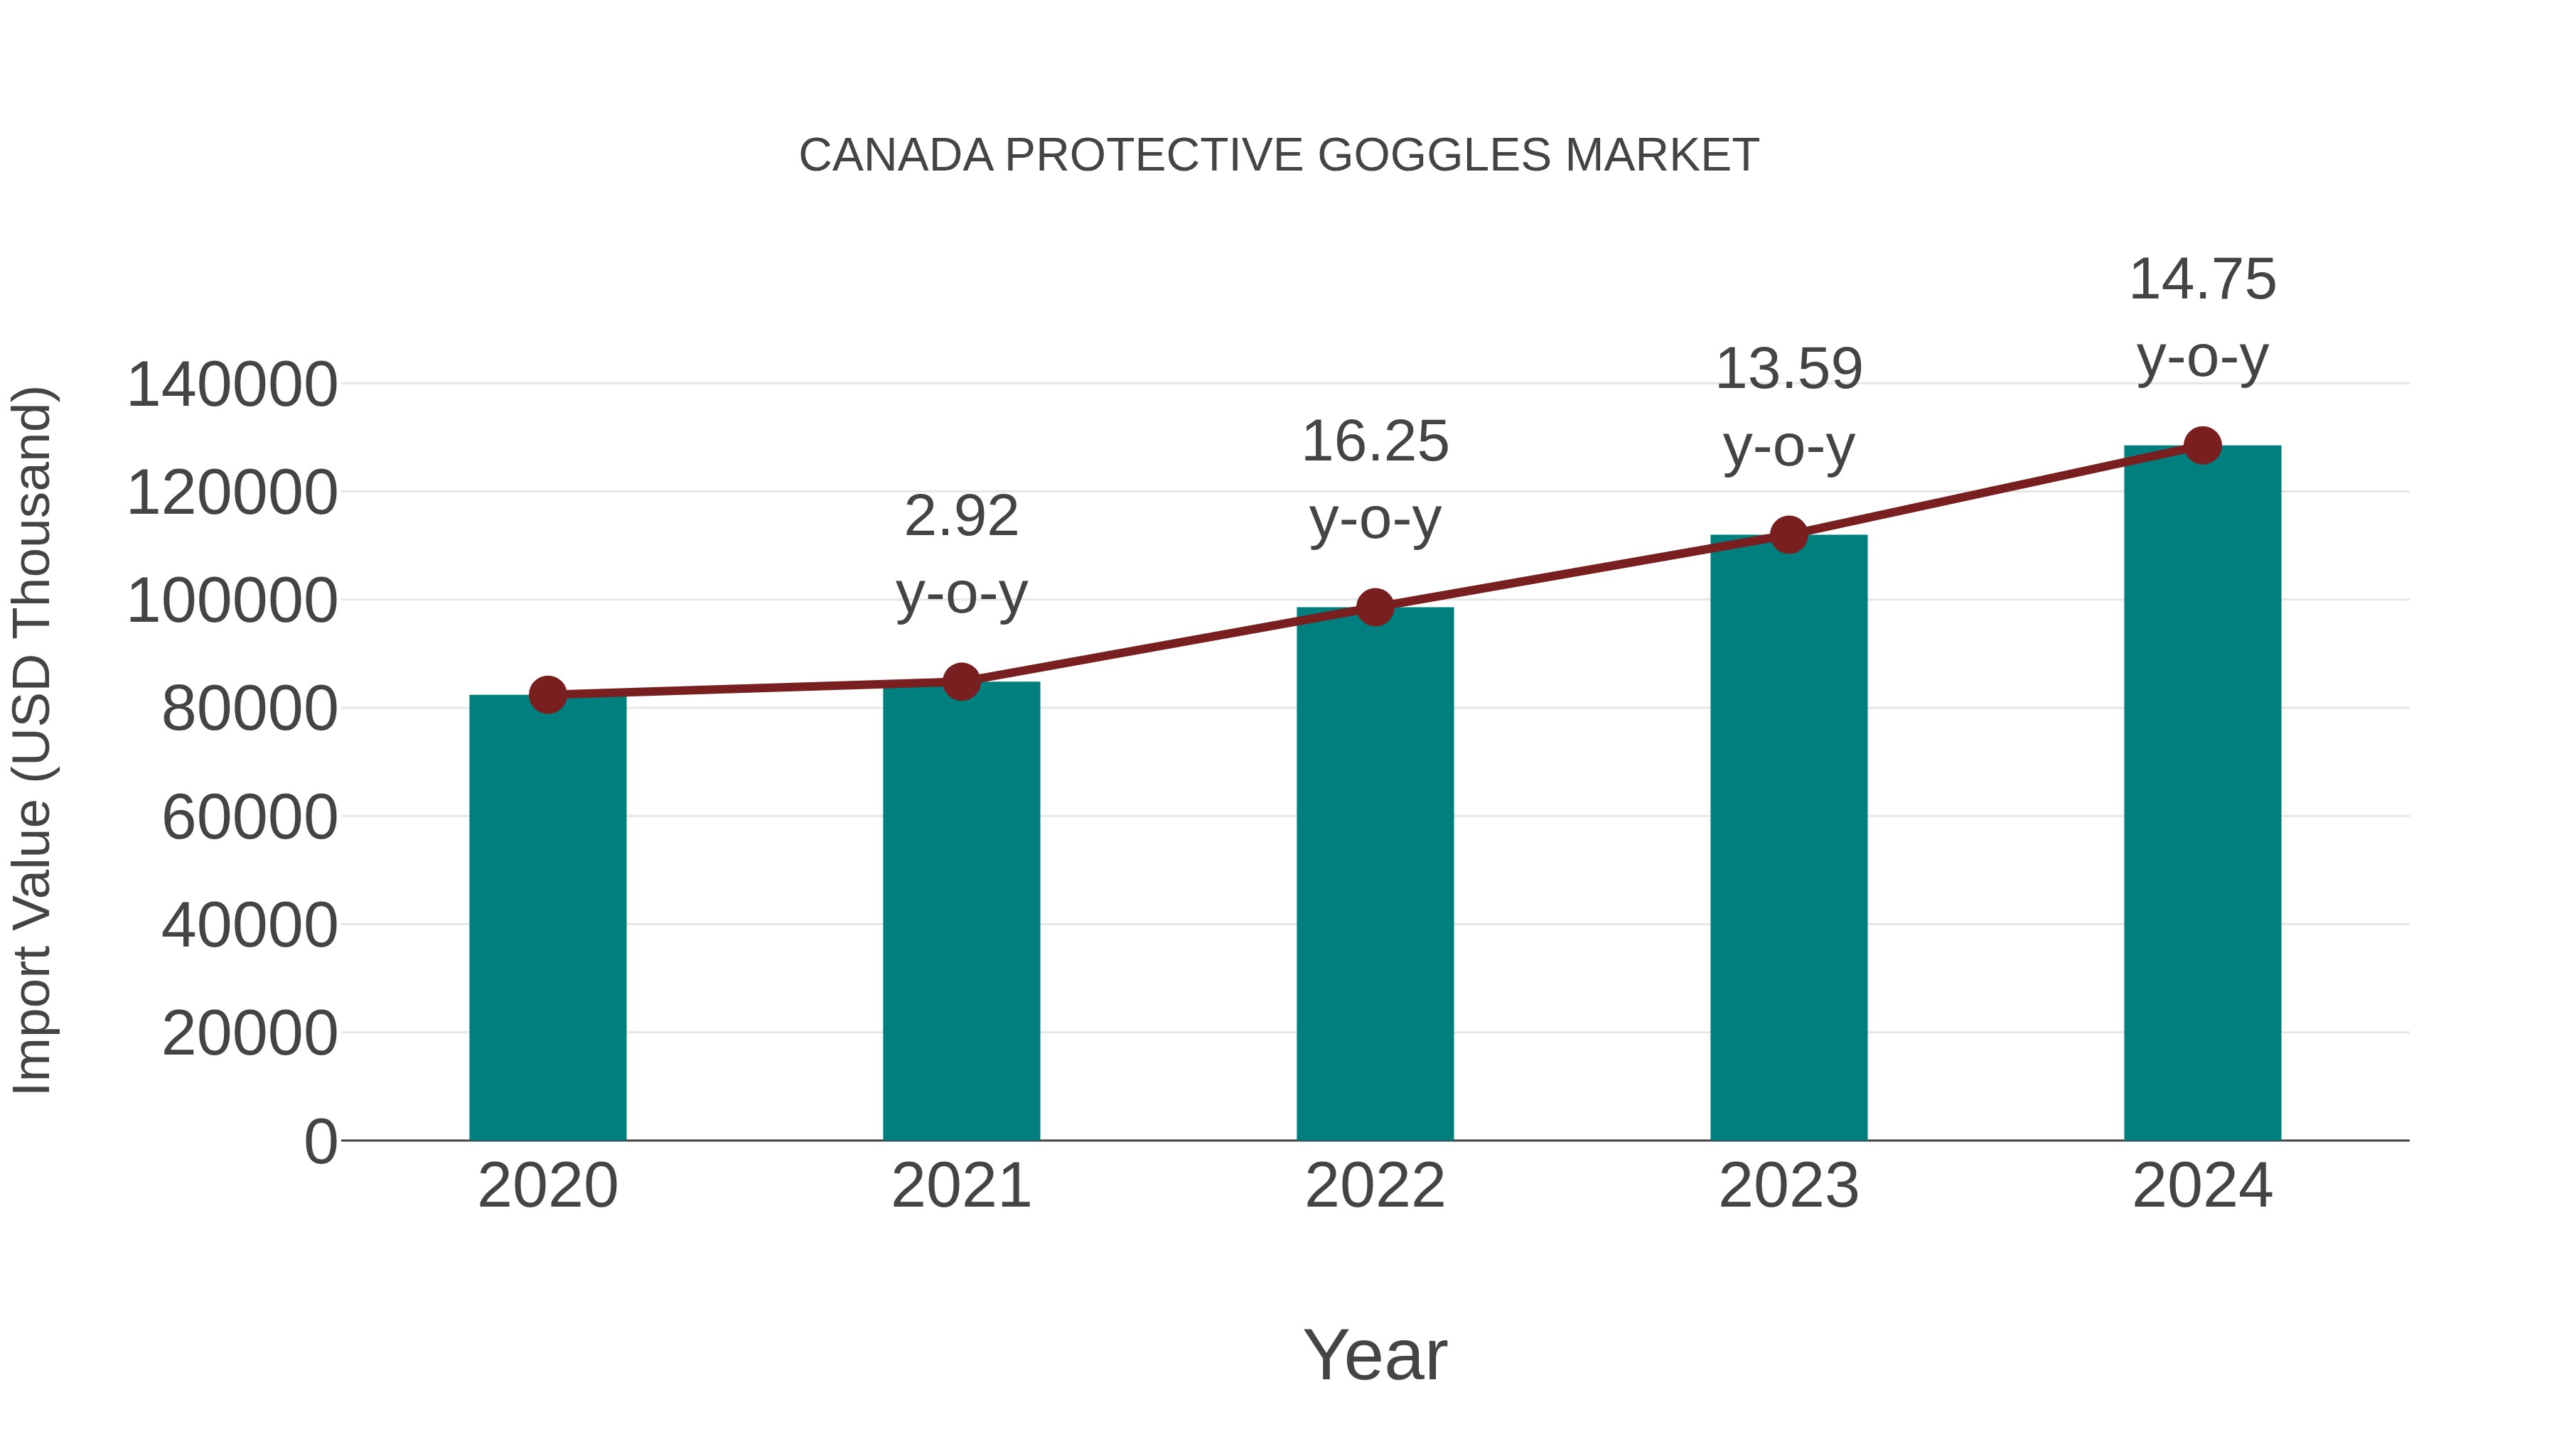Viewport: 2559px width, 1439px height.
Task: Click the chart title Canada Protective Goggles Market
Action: (1279, 156)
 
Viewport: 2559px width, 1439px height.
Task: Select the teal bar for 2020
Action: (547, 919)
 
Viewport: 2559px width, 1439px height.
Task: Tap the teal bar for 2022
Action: (1375, 874)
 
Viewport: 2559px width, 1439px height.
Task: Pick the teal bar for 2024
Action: (2202, 794)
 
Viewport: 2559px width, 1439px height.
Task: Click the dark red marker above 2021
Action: (960, 682)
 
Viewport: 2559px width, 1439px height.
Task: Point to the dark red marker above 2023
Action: (1788, 535)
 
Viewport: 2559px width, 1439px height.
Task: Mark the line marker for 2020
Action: (547, 695)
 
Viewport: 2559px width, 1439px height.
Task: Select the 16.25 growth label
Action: (1375, 480)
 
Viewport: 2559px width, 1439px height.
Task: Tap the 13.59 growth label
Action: (1788, 407)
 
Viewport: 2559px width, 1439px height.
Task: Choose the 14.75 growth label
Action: (2202, 318)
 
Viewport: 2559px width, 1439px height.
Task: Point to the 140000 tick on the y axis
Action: (232, 385)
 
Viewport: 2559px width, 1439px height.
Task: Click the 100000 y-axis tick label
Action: (232, 602)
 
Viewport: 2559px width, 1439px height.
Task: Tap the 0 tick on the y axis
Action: (320, 1142)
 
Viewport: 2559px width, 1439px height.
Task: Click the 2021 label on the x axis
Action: (960, 1186)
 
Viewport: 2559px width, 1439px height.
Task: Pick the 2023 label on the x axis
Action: (1788, 1186)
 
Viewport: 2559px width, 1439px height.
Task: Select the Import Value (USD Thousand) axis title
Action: (32, 741)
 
